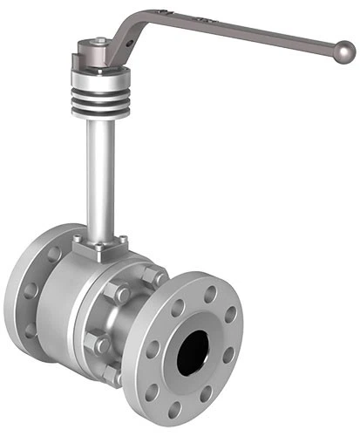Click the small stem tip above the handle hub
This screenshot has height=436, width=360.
102,40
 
